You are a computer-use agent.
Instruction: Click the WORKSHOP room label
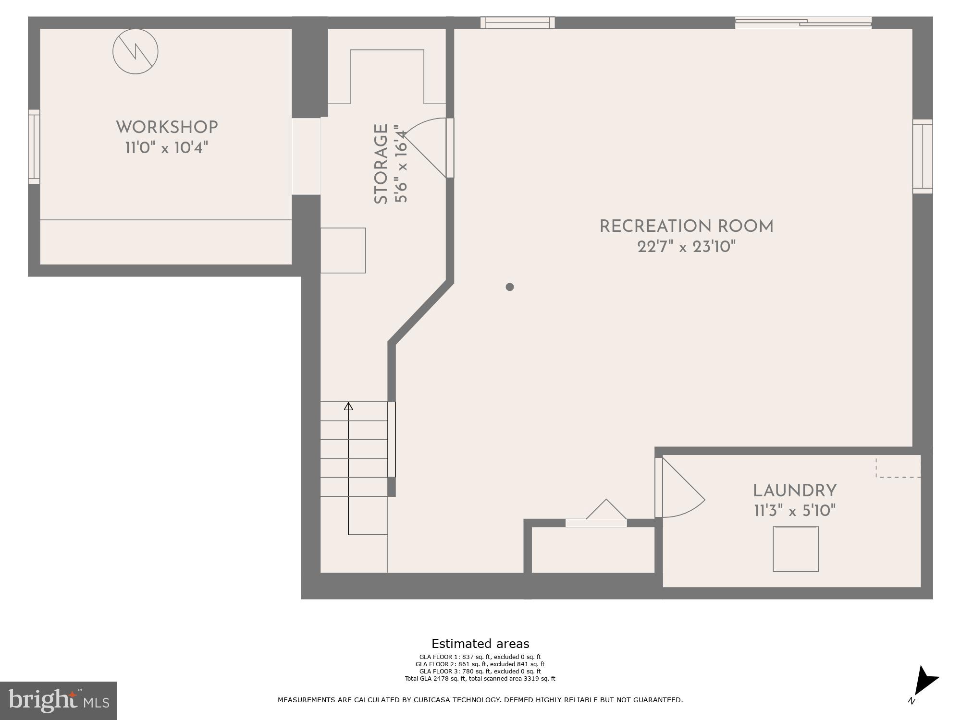167,127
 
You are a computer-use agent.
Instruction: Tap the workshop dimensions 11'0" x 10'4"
167,147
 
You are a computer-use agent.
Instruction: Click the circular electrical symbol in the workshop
136,51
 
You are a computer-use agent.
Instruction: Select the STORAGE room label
381,164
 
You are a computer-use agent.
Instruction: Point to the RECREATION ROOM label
687,227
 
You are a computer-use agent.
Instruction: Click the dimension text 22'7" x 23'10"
687,247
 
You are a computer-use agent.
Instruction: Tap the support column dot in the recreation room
510,287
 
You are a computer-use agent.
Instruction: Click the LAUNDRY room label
795,491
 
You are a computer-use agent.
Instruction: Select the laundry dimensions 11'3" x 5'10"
795,511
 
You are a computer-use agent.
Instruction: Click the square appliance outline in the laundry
795,549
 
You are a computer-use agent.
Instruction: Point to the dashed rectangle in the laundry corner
898,467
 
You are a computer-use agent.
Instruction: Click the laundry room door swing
682,490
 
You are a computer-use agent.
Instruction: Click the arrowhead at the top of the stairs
348,407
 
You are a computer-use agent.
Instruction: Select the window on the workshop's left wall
34,146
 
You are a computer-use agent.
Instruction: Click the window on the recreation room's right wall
923,156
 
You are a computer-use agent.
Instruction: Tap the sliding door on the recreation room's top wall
803,22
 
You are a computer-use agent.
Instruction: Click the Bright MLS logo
59,700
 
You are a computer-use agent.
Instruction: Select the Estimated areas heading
480,644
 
